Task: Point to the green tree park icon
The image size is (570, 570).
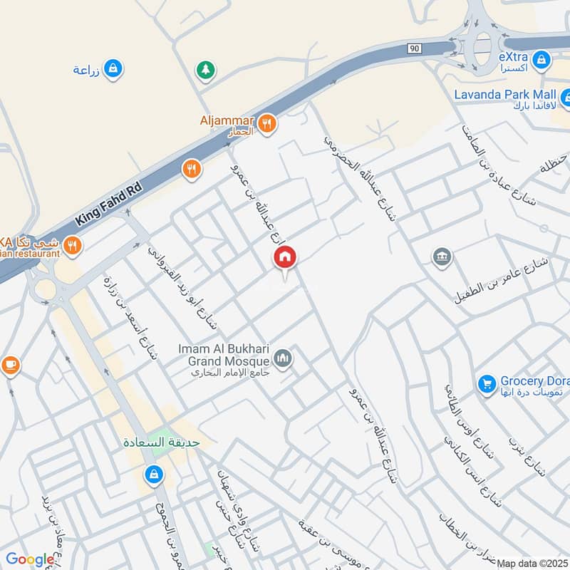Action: click(205, 69)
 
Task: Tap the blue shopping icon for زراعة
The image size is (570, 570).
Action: click(112, 68)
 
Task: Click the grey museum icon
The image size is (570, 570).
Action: click(441, 256)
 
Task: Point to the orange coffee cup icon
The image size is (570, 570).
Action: click(10, 365)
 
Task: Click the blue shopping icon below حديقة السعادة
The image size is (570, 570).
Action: click(153, 473)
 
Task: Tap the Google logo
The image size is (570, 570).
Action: click(30, 560)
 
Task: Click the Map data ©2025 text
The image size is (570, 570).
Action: click(532, 564)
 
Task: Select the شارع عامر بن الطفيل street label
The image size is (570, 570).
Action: click(502, 281)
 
